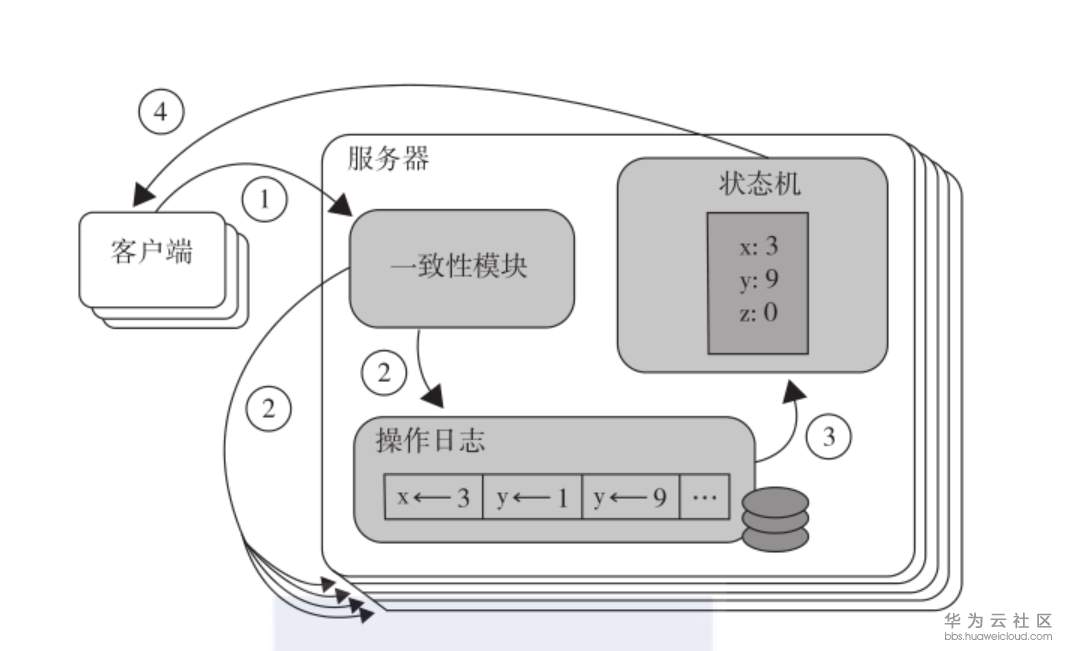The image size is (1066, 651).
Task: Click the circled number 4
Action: (x=161, y=113)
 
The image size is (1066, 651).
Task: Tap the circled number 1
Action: (x=265, y=200)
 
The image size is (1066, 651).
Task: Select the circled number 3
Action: (x=827, y=436)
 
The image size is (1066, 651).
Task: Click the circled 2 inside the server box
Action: (x=385, y=374)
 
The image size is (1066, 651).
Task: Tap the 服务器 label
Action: (x=389, y=158)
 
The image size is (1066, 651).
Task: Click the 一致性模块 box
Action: (x=461, y=267)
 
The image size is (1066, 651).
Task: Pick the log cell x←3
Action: (x=434, y=497)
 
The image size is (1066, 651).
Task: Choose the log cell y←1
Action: (x=531, y=497)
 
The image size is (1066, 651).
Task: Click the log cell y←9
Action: (x=630, y=497)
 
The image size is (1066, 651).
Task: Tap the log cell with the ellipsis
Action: (x=705, y=497)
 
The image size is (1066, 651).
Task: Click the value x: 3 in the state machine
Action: (x=757, y=246)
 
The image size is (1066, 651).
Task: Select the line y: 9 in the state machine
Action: (x=757, y=279)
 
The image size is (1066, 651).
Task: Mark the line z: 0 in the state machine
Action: (x=757, y=312)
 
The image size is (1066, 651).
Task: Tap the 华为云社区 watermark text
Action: (x=998, y=620)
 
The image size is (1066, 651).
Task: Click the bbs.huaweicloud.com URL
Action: (x=998, y=636)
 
